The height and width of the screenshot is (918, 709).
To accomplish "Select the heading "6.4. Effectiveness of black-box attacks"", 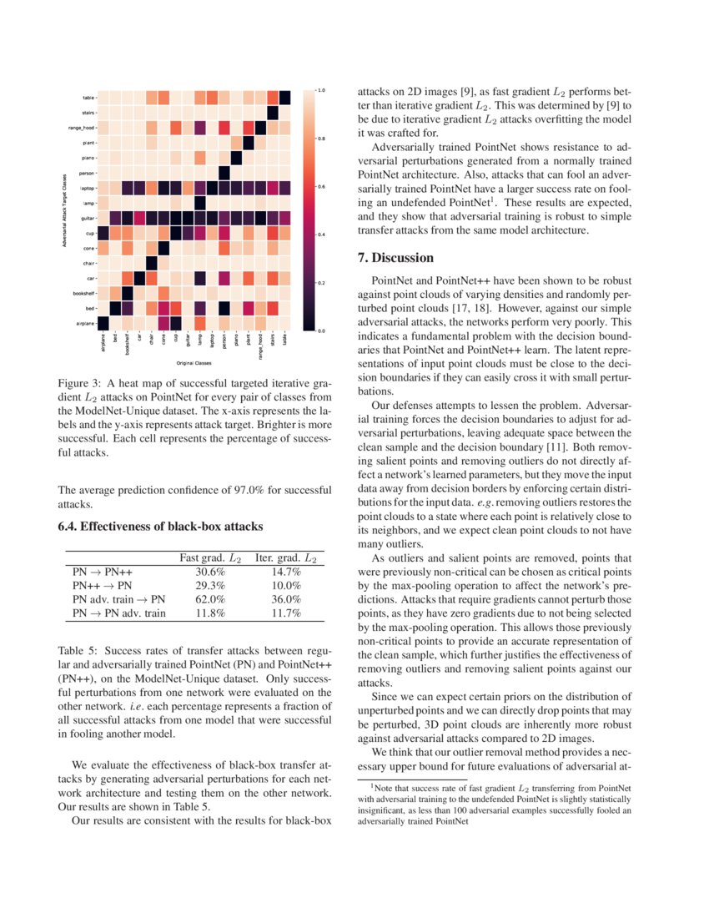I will coord(160,527).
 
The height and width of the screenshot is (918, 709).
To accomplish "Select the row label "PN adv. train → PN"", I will coord(119,599).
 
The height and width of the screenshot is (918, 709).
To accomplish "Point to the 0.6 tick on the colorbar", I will coord(322,186).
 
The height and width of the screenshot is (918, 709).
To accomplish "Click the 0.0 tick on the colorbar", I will coord(322,331).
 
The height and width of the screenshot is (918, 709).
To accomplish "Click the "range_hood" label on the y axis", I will coord(81,128).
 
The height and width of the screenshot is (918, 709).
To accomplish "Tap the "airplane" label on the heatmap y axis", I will coord(83,323).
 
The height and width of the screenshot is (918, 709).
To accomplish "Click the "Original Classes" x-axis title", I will coord(193,364).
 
